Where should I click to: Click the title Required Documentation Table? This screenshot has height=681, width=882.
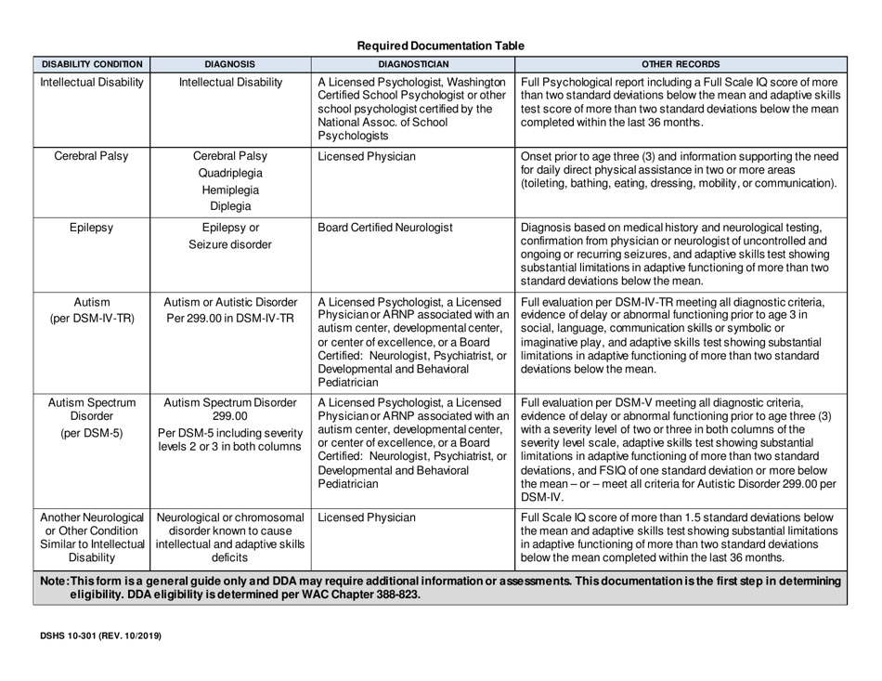pyautogui.click(x=441, y=45)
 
